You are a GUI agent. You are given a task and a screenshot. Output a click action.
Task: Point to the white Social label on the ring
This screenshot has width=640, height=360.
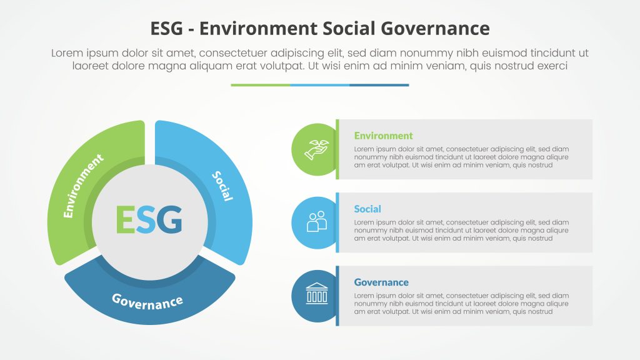222,186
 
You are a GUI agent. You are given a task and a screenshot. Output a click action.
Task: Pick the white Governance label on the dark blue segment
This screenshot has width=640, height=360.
147,301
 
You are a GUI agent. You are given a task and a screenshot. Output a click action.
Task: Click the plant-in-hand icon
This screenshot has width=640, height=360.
316,149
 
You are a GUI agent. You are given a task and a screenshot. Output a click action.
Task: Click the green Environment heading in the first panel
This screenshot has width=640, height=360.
383,136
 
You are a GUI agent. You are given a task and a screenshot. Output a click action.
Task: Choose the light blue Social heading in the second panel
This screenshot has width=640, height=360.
367,209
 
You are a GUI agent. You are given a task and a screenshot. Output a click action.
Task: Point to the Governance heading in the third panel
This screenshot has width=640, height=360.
381,282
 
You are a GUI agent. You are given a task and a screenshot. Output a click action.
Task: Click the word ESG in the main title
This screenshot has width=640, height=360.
167,28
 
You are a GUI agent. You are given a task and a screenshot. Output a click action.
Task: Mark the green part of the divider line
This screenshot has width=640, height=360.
260,85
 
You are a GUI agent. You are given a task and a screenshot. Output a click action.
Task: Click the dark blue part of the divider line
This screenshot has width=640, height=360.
379,85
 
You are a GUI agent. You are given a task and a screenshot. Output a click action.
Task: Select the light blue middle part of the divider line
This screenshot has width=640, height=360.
319,85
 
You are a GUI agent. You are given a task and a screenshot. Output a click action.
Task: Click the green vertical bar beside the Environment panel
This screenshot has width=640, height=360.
337,149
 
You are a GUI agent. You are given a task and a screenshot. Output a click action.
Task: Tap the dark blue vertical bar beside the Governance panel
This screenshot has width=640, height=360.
337,296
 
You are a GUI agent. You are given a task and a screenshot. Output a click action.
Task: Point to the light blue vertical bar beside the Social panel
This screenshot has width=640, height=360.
337,222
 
